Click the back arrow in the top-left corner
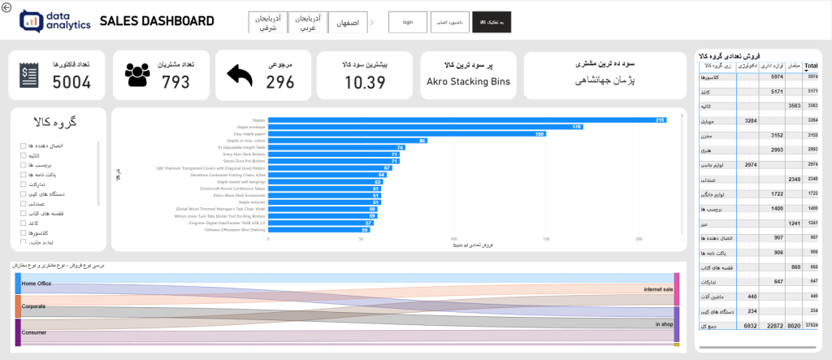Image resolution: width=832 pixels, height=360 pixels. [6, 8]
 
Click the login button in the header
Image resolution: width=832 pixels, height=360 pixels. [408, 22]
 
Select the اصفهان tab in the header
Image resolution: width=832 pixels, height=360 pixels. [346, 22]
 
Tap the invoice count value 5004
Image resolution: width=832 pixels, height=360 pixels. [71, 81]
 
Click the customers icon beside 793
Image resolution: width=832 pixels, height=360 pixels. [139, 75]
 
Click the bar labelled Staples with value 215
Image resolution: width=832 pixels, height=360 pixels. [467, 119]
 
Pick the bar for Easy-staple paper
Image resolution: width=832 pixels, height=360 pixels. [406, 134]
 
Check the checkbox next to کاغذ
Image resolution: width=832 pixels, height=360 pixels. [24, 223]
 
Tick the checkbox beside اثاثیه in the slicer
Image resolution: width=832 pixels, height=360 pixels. [24, 155]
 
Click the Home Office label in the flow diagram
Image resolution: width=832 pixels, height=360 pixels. [37, 284]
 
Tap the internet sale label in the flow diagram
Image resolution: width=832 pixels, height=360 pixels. [658, 289]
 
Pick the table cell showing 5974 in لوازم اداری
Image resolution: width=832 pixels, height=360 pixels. [777, 76]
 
